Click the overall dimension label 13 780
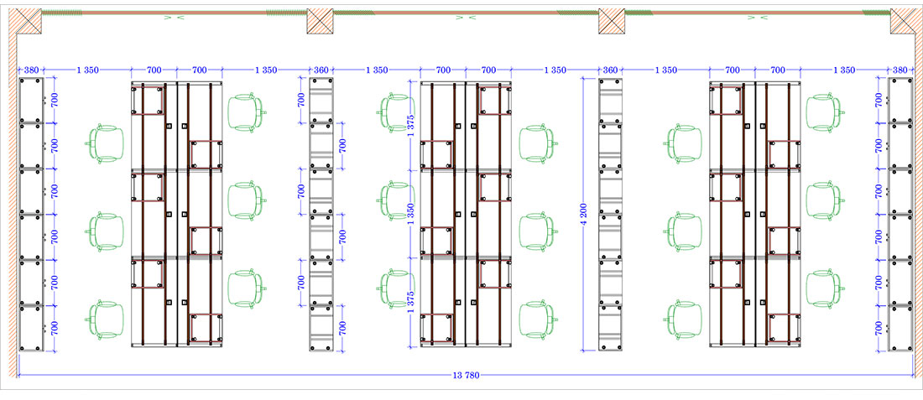(461, 375)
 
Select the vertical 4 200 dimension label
(587, 216)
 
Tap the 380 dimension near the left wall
(31, 70)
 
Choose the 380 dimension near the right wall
(900, 70)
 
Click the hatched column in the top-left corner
(28, 22)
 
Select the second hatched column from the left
(321, 22)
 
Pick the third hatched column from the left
(612, 22)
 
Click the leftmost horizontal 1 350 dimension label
(88, 70)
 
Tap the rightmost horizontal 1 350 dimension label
(843, 70)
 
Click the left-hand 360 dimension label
(321, 70)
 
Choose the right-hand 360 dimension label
(610, 70)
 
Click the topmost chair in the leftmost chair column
(106, 143)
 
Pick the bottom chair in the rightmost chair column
(824, 288)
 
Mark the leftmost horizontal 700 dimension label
(154, 70)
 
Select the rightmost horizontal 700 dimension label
(778, 70)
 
